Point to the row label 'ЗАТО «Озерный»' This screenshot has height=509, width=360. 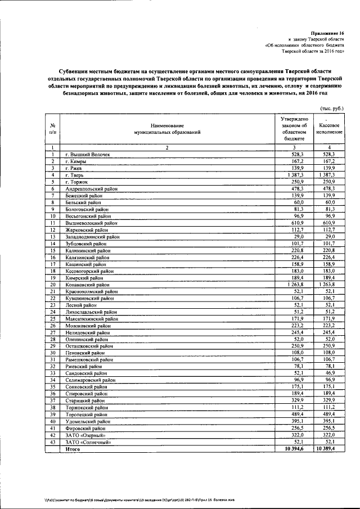coord(85,435)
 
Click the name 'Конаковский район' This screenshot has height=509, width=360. coord(89,285)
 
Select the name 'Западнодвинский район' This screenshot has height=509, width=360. coord(93,237)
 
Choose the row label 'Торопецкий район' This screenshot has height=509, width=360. coord(88,415)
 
